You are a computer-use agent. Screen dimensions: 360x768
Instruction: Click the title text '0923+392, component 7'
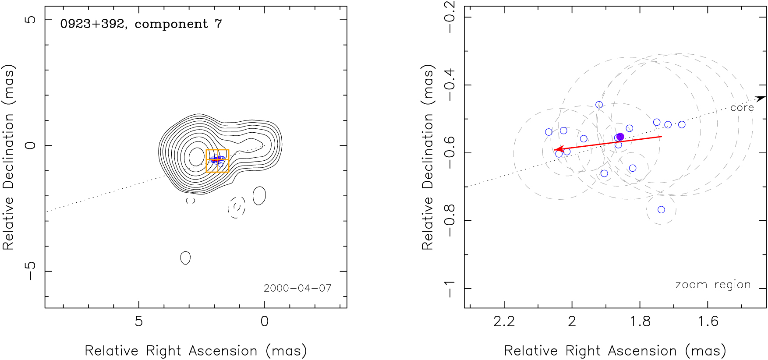pyautogui.click(x=141, y=24)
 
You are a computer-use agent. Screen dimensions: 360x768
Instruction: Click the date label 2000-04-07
pyautogui.click(x=297, y=288)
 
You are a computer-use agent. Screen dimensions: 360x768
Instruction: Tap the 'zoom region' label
pyautogui.click(x=713, y=285)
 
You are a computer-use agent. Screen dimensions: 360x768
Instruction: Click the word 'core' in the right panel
pyautogui.click(x=742, y=108)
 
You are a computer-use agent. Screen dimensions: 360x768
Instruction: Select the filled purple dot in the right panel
pyautogui.click(x=620, y=137)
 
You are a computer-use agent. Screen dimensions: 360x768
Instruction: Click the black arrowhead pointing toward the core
pyautogui.click(x=761, y=99)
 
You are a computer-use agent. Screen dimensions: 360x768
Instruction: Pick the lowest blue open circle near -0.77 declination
pyautogui.click(x=661, y=210)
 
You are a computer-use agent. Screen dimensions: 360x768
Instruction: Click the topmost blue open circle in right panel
pyautogui.click(x=599, y=105)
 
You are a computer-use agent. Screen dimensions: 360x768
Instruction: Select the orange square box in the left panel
pyautogui.click(x=217, y=161)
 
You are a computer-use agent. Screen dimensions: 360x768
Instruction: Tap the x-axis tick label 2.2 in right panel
pyautogui.click(x=504, y=322)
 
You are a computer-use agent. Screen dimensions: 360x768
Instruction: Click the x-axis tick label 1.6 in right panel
pyautogui.click(x=708, y=322)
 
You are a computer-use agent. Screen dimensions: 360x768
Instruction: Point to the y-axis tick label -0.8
pyautogui.click(x=450, y=220)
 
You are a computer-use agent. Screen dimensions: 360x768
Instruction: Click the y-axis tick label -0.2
pyautogui.click(x=450, y=17)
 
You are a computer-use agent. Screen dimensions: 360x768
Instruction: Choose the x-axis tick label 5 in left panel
pyautogui.click(x=138, y=322)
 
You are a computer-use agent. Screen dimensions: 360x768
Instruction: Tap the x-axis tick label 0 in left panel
pyautogui.click(x=264, y=322)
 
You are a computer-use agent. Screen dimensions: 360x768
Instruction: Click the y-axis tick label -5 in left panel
pyautogui.click(x=30, y=271)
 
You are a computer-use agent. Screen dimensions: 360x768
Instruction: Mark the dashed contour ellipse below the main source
pyautogui.click(x=237, y=207)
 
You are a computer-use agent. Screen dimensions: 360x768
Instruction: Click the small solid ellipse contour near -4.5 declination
pyautogui.click(x=185, y=258)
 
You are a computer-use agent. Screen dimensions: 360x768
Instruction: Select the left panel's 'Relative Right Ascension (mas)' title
pyautogui.click(x=195, y=351)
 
